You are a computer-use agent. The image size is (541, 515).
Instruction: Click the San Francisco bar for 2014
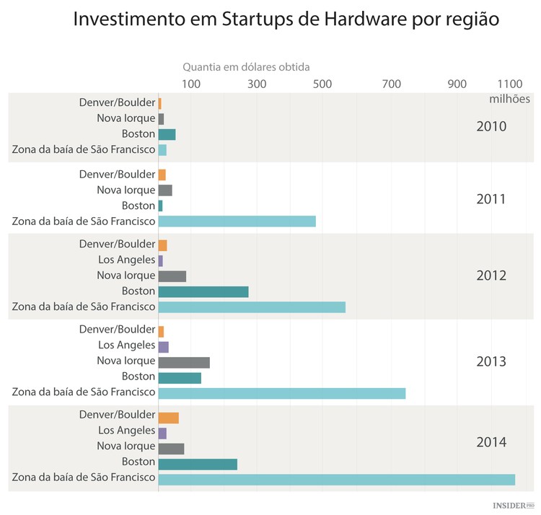coord(336,480)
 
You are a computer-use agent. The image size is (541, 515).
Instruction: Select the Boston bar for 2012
coord(203,291)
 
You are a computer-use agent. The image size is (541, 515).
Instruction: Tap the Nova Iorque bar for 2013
coord(184,362)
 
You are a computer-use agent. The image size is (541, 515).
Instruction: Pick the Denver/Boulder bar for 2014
coord(169,418)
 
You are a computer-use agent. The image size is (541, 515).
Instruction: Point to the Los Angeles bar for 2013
coord(164,347)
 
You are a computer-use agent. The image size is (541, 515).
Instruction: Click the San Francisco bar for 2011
coord(237,221)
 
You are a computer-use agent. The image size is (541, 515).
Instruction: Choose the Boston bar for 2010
coord(167,134)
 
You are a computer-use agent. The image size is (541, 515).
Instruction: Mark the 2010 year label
coord(491,127)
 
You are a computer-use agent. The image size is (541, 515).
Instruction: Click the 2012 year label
coord(491,276)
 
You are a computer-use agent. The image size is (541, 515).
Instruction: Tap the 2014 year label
coord(491,442)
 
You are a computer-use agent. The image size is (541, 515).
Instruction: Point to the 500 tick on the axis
coord(322,84)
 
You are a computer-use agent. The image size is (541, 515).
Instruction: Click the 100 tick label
coord(190,84)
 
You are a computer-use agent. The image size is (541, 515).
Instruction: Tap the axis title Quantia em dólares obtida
coord(246,67)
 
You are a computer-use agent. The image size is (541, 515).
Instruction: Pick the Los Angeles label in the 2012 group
coord(126,260)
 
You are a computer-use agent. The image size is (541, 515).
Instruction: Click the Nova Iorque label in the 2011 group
coord(126,190)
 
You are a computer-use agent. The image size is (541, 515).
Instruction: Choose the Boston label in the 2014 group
coord(138,462)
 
